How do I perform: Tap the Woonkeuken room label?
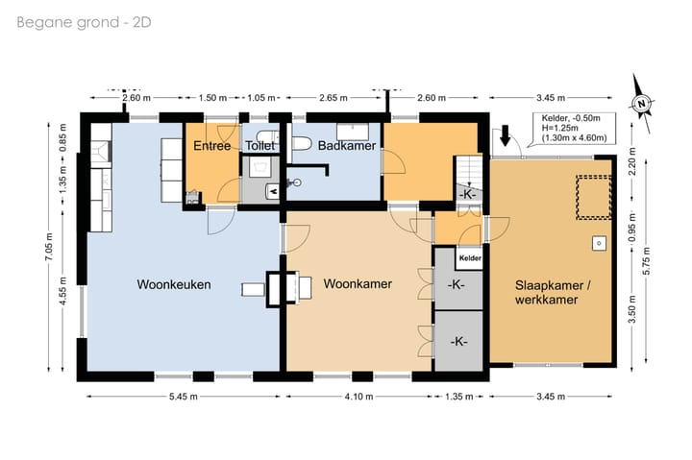173,285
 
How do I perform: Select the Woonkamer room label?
356,285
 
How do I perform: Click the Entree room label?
210,146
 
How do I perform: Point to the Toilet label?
259,146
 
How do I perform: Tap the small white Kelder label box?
469,258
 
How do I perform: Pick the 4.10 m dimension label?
356,398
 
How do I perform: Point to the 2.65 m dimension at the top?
334,97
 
